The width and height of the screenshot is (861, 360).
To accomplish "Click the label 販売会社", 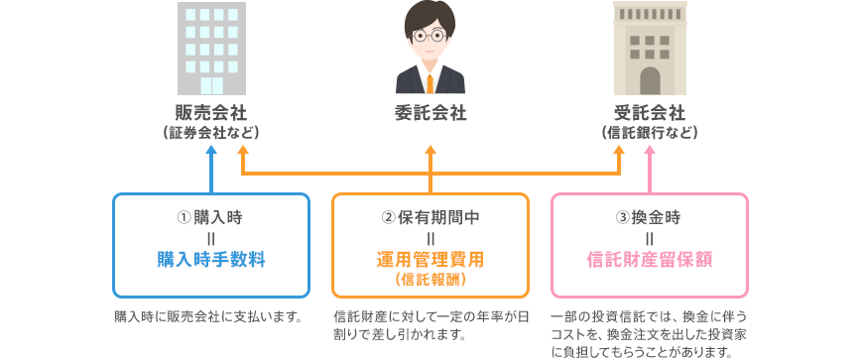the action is point(211,114).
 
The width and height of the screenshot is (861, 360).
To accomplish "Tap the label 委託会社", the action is point(430,114).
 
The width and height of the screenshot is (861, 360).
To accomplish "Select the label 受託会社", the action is point(650,114).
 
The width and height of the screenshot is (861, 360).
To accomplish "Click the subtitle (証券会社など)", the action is point(211,133).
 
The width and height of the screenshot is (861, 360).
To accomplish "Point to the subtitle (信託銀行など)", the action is point(650,133).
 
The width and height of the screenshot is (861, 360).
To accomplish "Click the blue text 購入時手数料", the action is point(211,260).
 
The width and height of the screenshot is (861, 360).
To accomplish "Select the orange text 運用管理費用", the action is point(430,260).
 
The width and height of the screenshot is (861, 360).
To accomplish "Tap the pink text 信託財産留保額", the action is point(650,260).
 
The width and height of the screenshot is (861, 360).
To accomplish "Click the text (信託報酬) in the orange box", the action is point(430,280).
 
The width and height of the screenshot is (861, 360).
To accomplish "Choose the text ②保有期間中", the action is point(430,218).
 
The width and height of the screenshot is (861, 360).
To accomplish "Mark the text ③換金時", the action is point(649,218).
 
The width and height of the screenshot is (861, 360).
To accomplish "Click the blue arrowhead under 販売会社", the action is point(211,151).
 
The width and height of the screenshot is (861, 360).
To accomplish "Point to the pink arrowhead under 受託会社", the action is point(650,151).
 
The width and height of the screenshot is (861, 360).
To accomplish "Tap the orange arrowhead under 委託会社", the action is point(430,151).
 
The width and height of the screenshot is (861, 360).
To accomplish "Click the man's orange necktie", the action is point(430,81).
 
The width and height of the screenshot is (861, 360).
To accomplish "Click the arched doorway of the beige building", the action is point(650,81).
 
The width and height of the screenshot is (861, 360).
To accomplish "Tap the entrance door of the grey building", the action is point(211,85).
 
